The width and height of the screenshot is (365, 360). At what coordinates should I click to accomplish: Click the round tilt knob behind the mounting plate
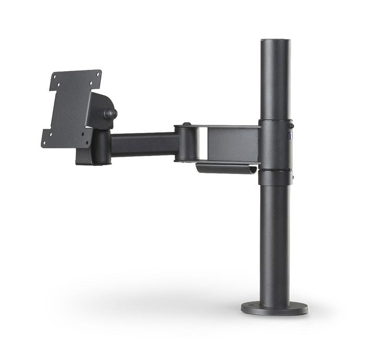(x=111, y=114)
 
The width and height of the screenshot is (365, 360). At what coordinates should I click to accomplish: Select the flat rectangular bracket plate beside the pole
(x=232, y=143)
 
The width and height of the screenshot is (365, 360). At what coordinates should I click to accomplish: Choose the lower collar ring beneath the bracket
(x=275, y=177)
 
